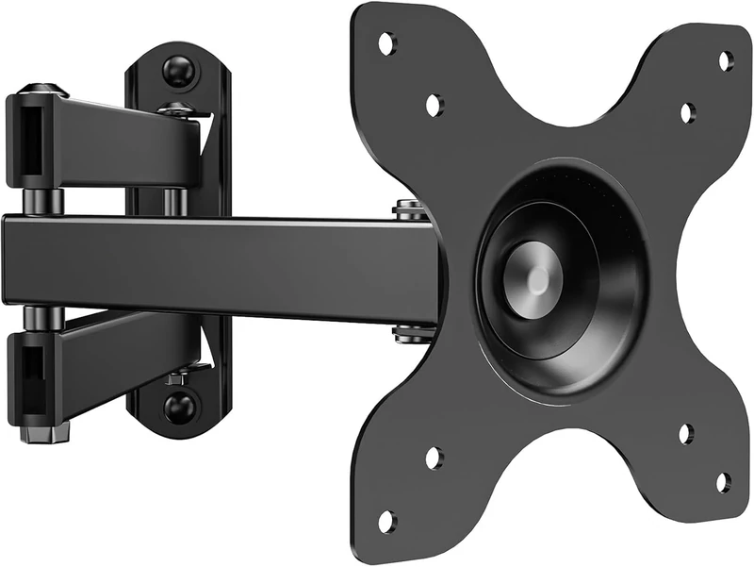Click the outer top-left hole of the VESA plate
pyautogui.click(x=386, y=42)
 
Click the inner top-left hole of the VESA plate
pyautogui.click(x=434, y=105)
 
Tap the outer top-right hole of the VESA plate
pyautogui.click(x=725, y=61)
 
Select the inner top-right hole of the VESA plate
pyautogui.click(x=687, y=112)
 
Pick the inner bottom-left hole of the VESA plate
pyautogui.click(x=433, y=459)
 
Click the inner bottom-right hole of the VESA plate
pyautogui.click(x=686, y=433)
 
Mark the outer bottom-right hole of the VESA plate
pyautogui.click(x=723, y=482)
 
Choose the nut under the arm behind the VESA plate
pyautogui.click(x=408, y=332)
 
